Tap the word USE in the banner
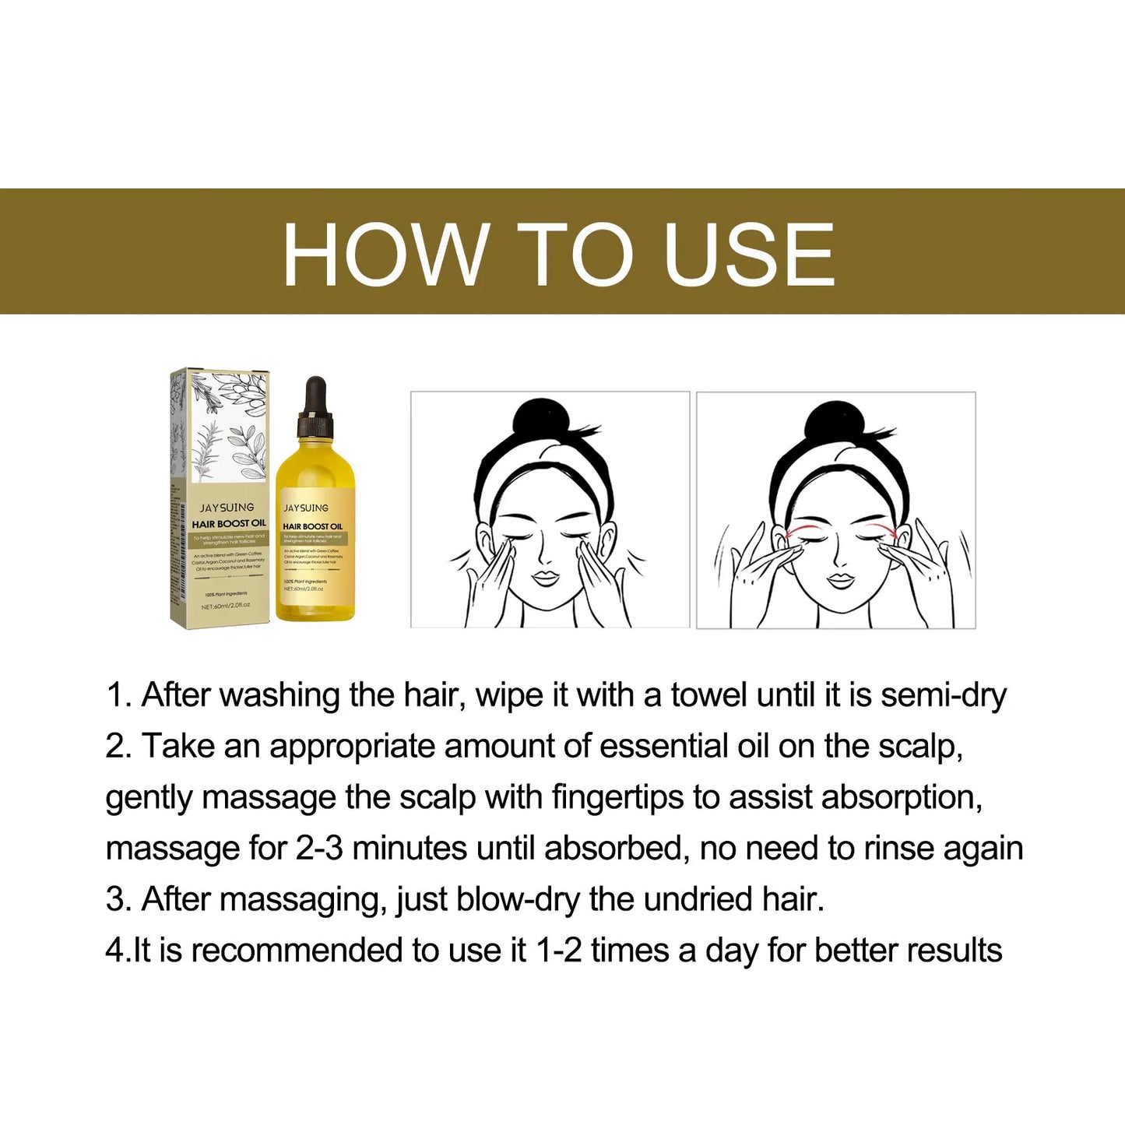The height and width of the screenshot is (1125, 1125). (749, 255)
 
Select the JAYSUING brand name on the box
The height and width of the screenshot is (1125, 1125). (227, 508)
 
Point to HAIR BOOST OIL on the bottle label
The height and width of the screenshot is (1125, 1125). (312, 526)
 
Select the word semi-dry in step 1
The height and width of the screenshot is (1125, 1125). (944, 695)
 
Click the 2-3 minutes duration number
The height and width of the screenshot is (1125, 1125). (319, 848)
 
